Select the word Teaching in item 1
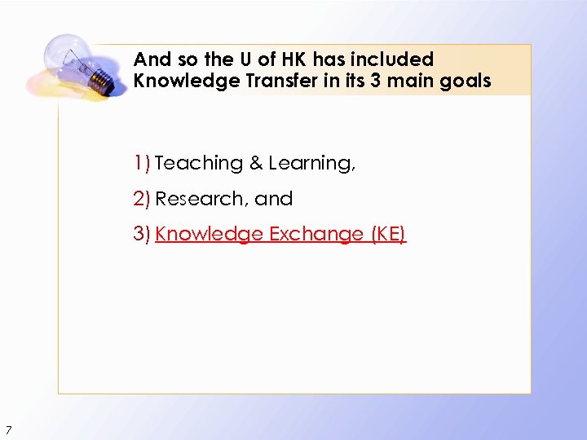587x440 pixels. coord(199,164)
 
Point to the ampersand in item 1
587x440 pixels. coord(256,164)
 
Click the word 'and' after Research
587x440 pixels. coord(274,199)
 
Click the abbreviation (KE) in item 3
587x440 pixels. coord(388,235)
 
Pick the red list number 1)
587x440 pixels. coord(143,164)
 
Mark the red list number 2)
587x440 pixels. coord(143,199)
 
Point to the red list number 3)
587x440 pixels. coord(143,235)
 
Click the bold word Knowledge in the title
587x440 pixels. coord(179,81)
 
